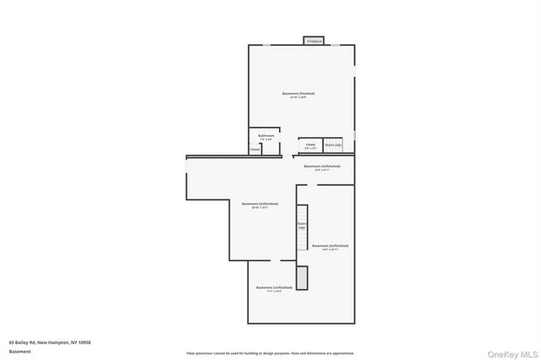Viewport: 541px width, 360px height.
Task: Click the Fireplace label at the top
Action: [314, 41]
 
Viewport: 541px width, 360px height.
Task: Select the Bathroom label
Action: [266, 135]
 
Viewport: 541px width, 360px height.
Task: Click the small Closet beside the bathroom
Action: [254, 150]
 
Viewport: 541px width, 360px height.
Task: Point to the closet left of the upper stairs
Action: [310, 145]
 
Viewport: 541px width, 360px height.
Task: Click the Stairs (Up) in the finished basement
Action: [333, 145]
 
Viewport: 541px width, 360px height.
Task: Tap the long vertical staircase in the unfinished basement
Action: [301, 228]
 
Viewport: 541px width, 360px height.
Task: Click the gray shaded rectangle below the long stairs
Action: [302, 278]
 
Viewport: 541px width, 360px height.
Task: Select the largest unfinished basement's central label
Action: [260, 204]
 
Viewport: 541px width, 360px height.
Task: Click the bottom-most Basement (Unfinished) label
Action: [274, 287]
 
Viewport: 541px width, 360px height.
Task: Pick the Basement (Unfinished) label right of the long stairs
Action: [330, 246]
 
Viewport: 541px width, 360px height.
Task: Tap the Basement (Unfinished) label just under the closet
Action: [322, 166]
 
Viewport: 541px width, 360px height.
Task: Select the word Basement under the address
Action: [19, 351]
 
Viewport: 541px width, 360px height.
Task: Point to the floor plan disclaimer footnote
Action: [270, 353]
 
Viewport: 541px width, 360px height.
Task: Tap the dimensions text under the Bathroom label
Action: [266, 139]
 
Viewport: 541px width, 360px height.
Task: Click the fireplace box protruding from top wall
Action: [314, 41]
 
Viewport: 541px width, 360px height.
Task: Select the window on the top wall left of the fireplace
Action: [265, 46]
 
